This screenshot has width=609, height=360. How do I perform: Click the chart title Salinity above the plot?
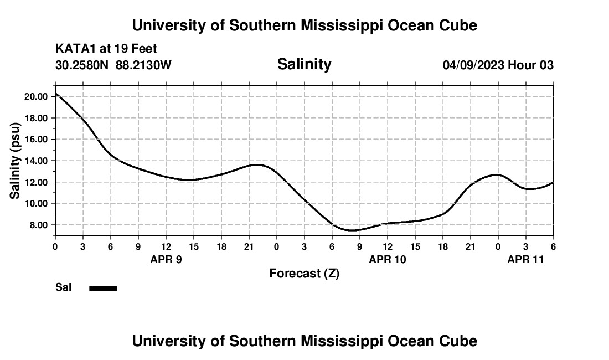pos(304,64)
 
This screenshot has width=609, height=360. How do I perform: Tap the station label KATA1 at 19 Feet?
pos(106,49)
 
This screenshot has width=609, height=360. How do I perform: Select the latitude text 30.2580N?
pos(82,65)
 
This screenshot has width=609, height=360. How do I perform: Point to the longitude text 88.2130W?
pos(143,65)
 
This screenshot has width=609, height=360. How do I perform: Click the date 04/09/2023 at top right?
pos(473,65)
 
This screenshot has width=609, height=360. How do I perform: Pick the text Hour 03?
pos(531,65)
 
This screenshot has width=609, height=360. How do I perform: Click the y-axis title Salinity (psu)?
pos(15,161)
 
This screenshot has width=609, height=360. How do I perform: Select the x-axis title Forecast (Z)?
pos(304,274)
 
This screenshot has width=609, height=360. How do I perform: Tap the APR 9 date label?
pos(166,259)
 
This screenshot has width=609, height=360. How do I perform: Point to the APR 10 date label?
pos(388,259)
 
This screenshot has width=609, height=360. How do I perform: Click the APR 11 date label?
pos(526,259)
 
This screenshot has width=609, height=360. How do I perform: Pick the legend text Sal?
pos(64,287)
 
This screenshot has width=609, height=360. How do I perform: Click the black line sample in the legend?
pos(104,288)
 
